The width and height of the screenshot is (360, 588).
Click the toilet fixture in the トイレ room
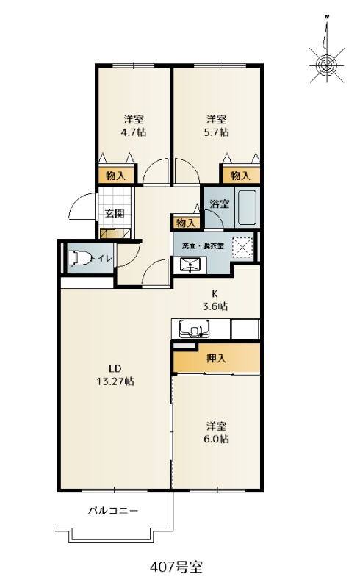point(80,258)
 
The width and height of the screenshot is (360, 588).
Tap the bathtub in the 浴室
point(247,207)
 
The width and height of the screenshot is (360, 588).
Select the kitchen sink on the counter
point(194,329)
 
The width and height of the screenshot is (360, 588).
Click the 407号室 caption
point(176,567)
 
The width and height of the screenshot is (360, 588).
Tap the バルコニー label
point(114,511)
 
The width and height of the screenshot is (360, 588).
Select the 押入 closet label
point(217,358)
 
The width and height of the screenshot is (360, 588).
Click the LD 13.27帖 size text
point(115,375)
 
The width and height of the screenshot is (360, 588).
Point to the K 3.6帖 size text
point(215,300)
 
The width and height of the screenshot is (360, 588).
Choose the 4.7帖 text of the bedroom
point(134,132)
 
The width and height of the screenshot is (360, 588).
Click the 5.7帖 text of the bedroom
point(217,132)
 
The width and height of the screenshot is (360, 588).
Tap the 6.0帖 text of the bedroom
point(217,439)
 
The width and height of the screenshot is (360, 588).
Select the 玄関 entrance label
point(115,213)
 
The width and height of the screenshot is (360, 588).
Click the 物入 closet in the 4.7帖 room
point(116,175)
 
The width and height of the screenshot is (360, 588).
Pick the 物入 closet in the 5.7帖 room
point(240,175)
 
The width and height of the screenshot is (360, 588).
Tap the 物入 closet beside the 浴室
point(186,223)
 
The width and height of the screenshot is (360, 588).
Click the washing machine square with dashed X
point(242,248)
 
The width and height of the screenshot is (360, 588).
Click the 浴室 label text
point(220,204)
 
